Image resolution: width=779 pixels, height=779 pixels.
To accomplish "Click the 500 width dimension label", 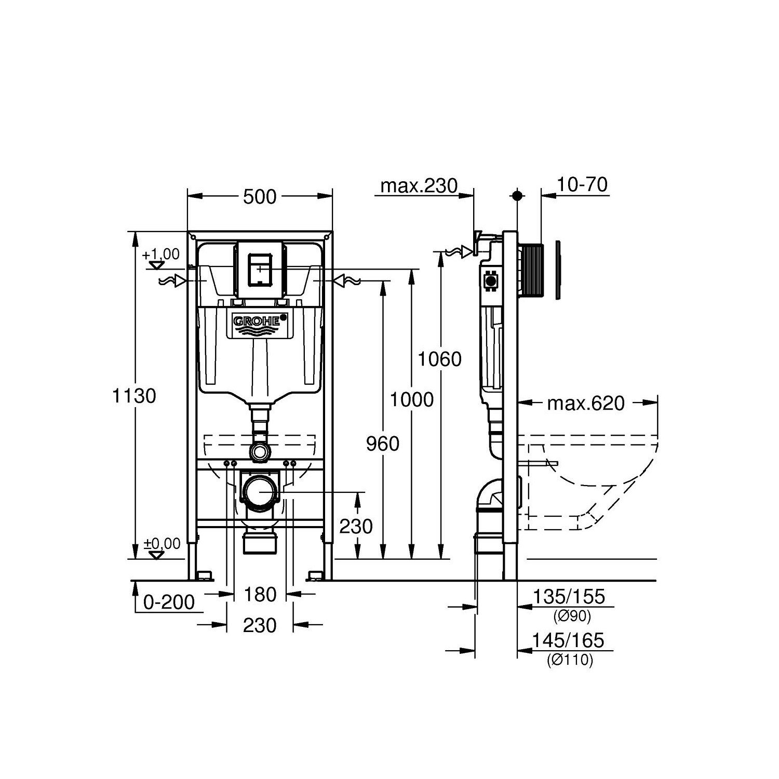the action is click(260, 197).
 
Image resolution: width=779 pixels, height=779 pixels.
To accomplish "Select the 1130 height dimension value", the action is click(134, 396).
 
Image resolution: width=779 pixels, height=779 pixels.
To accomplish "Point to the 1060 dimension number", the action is click(440, 359).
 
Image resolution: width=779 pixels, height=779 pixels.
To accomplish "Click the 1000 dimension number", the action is click(411, 400).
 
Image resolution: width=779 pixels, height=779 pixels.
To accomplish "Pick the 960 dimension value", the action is click(383, 444).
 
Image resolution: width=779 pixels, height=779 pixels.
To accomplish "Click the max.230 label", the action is click(419, 185).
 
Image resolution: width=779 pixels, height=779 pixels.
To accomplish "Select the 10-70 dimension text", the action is click(582, 185).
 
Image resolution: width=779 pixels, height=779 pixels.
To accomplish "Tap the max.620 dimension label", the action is click(586, 404).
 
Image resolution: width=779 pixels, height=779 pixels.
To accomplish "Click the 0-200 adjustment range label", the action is click(169, 602).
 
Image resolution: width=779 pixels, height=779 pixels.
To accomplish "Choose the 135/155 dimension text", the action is click(569, 597).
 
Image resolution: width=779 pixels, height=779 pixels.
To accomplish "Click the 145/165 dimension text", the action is click(568, 641).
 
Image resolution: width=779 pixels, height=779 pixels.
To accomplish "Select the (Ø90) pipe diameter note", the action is click(572, 616).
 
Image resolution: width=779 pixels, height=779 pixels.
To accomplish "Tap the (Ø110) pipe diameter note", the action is click(570, 660).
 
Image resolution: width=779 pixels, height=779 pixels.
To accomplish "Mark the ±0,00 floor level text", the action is click(162, 544).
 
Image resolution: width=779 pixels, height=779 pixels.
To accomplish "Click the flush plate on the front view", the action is click(260, 269).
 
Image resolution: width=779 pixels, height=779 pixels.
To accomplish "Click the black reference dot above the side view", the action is click(517, 196).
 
